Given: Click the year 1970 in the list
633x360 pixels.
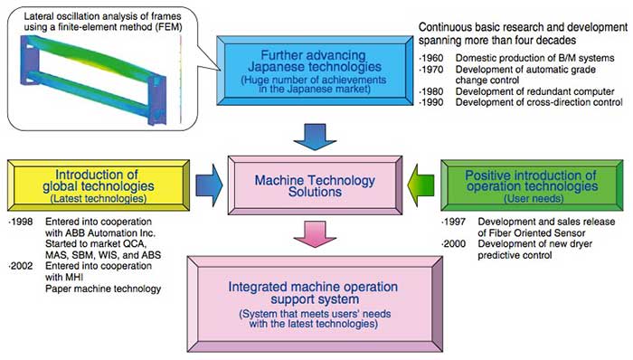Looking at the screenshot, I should (x=434, y=71).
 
